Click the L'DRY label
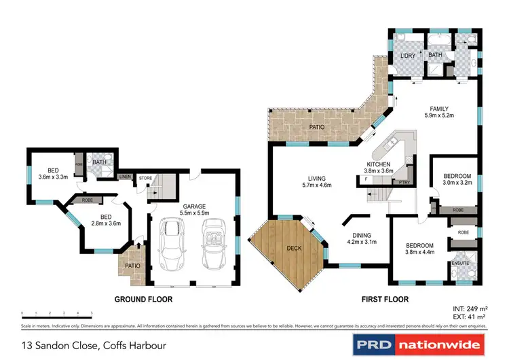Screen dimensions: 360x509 click(x=407, y=56)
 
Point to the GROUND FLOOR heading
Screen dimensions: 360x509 click(x=143, y=300)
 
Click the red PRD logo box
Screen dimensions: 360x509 click(x=374, y=344)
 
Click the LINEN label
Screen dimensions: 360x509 click(x=125, y=177)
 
